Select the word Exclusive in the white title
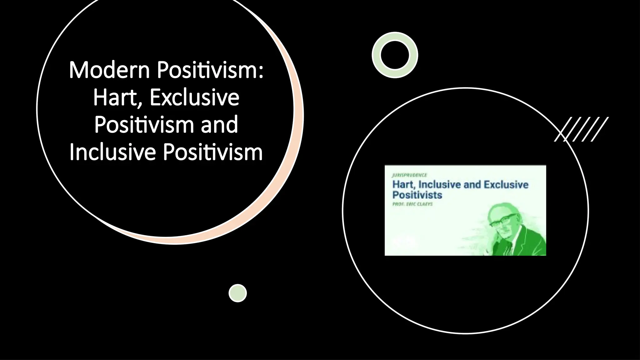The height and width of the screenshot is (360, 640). (x=194, y=97)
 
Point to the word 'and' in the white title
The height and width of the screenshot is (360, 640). (x=219, y=125)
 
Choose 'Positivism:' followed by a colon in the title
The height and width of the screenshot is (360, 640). (x=210, y=70)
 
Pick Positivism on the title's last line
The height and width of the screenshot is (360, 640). (x=213, y=152)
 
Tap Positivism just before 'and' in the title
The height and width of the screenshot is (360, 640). (x=144, y=125)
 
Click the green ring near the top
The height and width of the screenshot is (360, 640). (x=395, y=55)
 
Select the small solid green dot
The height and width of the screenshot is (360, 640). (x=238, y=293)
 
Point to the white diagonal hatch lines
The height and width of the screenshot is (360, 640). (x=582, y=129)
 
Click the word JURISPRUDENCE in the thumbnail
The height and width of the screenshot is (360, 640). (x=409, y=175)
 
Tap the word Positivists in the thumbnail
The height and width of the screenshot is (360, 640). (x=417, y=195)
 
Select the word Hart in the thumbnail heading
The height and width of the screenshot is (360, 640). (x=402, y=185)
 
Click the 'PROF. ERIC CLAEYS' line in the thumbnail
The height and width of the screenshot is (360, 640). (x=412, y=204)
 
